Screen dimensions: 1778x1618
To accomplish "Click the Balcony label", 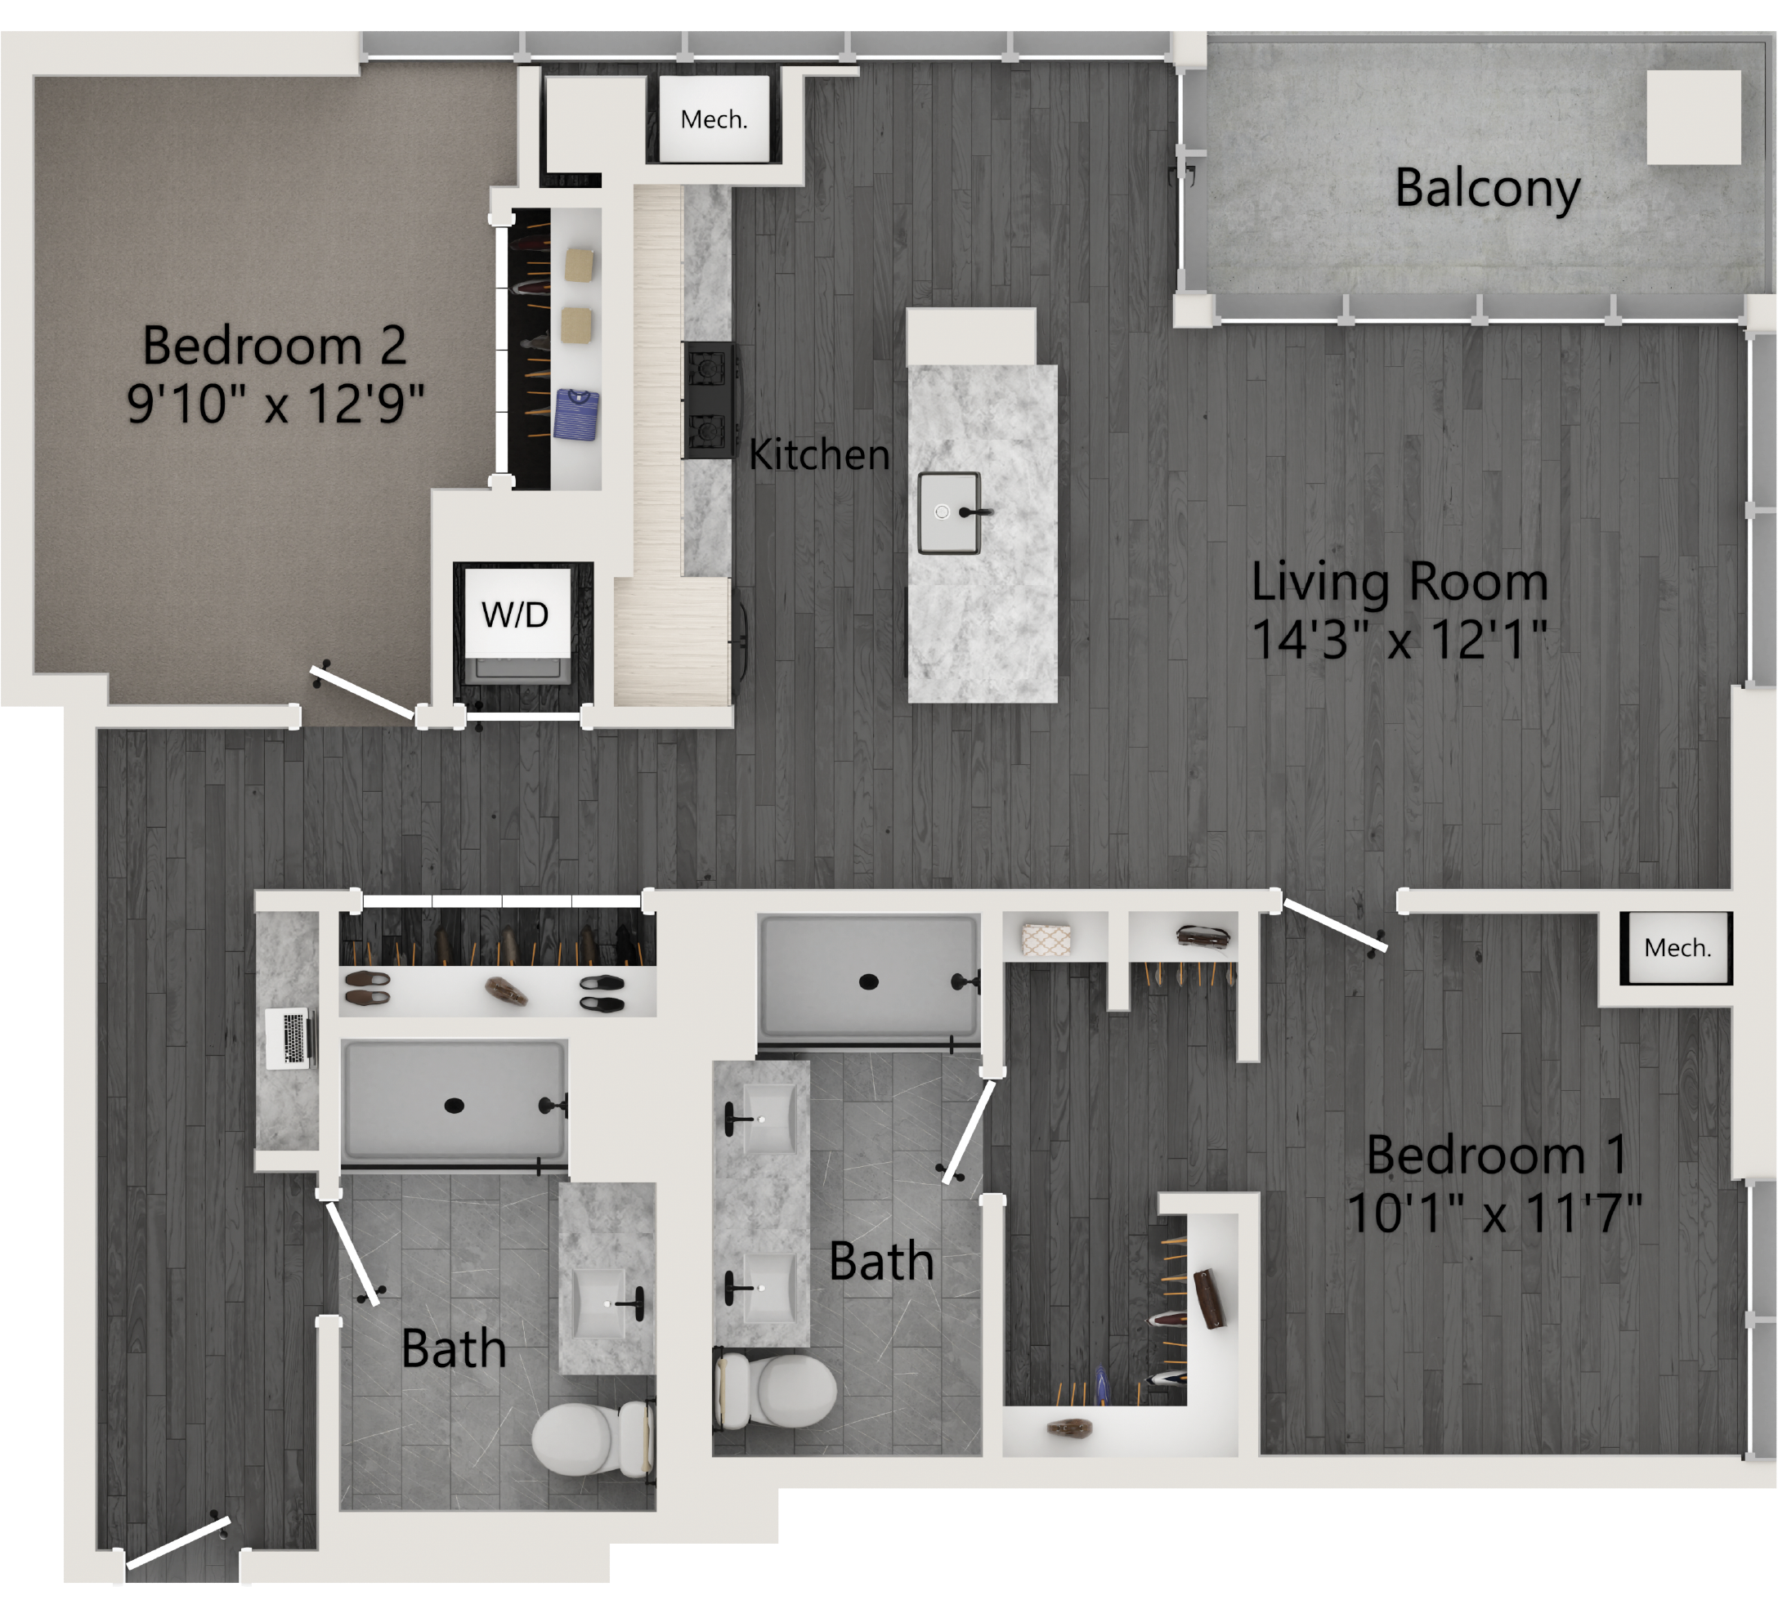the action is tap(1487, 189).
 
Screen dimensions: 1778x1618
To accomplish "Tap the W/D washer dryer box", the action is tap(516, 614).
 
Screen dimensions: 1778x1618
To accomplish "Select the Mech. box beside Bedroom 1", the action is tap(1677, 948).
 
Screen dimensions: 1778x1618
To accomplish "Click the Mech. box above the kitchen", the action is tap(714, 119).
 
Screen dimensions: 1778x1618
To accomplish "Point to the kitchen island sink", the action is tap(950, 512).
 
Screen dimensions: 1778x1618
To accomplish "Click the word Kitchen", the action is tap(818, 455).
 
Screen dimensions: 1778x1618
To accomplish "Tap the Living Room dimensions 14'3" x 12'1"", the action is tap(1400, 639).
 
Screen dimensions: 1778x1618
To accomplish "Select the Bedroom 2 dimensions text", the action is tap(275, 404).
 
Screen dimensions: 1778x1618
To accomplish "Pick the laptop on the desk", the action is tap(290, 1038).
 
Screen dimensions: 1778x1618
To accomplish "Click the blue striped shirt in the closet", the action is tap(577, 414).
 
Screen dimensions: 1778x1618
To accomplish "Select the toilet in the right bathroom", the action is tap(775, 1391).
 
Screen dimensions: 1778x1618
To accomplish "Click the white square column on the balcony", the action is tap(1693, 118).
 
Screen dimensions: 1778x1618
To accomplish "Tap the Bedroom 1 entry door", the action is tap(1334, 925).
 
